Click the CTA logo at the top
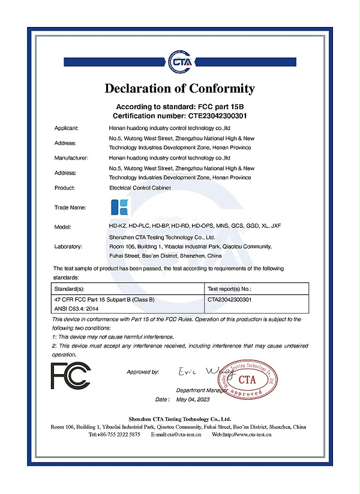click(180, 59)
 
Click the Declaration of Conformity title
click(180, 89)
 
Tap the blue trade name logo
click(120, 207)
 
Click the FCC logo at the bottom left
click(71, 376)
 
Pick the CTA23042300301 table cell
click(229, 299)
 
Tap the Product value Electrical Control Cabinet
click(140, 188)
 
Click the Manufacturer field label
click(71, 158)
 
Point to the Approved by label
click(143, 372)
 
